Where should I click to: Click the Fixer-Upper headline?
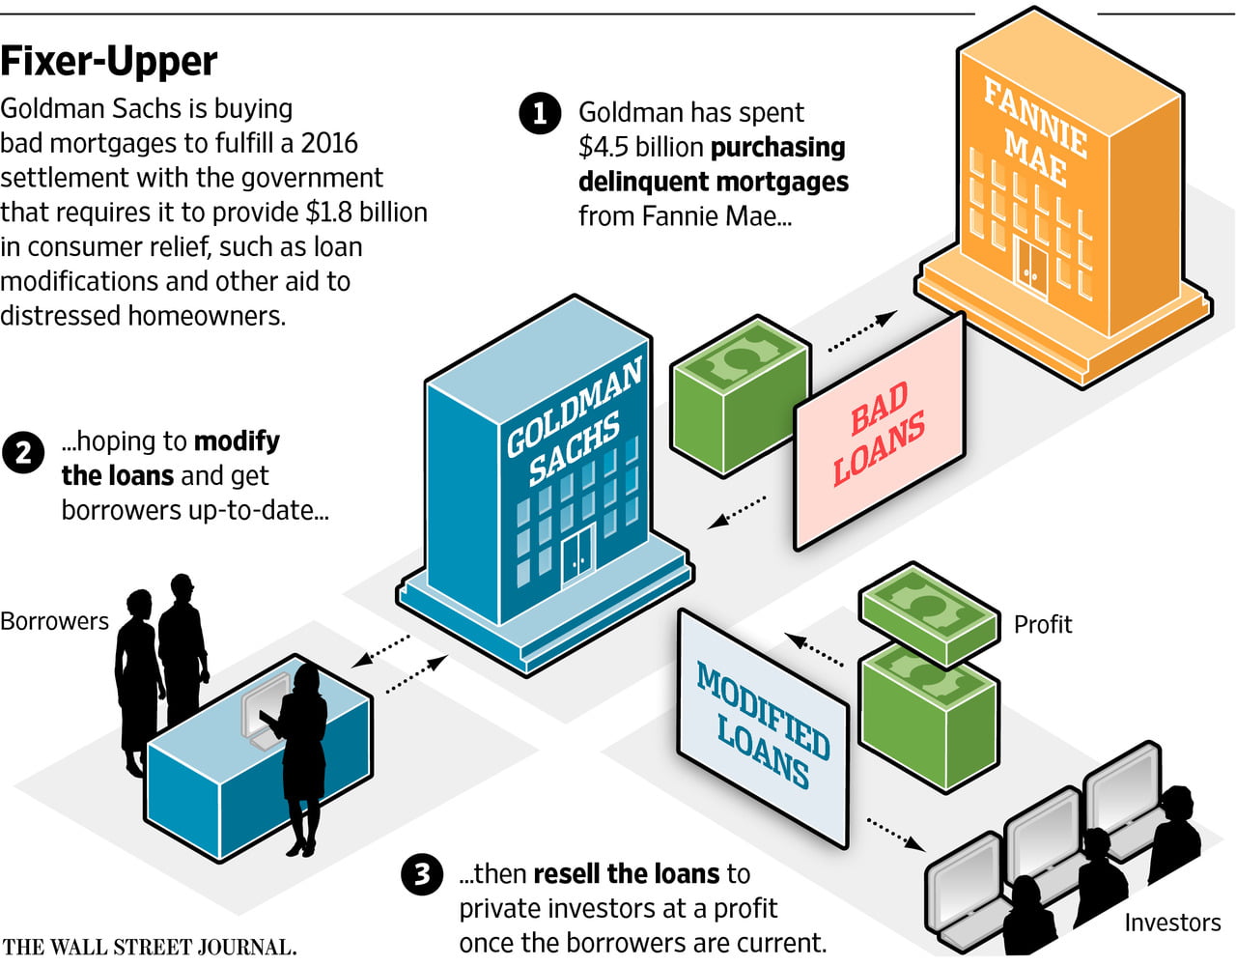(x=109, y=62)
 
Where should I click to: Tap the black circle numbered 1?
(x=540, y=113)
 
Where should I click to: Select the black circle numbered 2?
(x=23, y=452)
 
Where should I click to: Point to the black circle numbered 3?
(x=422, y=875)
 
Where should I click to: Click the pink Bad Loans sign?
(x=879, y=433)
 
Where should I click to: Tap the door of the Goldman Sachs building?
(x=577, y=557)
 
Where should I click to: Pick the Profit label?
(x=1042, y=624)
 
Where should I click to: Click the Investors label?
(x=1171, y=923)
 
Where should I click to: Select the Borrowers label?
(x=54, y=620)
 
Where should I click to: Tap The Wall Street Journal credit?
(x=149, y=947)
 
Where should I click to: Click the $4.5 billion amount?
(x=641, y=147)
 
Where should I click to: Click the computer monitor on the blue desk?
(x=261, y=710)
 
